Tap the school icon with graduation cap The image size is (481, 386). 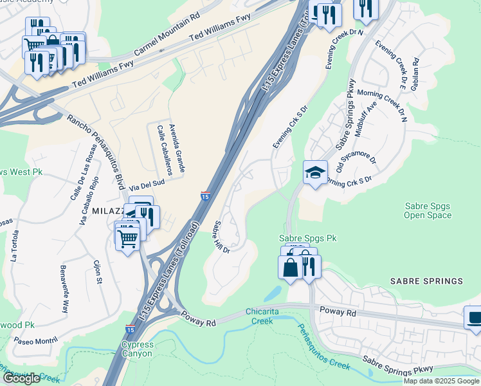tap(315, 172)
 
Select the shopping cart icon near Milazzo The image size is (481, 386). tap(127, 237)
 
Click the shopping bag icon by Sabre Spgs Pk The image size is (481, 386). tap(291, 267)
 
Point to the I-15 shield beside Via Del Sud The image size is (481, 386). tap(204, 195)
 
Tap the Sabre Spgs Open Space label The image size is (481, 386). tap(427, 210)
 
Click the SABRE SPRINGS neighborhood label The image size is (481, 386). tap(426, 281)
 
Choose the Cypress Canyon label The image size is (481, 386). tap(137, 349)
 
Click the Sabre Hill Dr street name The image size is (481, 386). tap(221, 237)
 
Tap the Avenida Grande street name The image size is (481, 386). tap(177, 147)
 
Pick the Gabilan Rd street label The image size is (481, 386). tap(415, 73)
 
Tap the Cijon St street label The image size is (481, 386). tap(98, 271)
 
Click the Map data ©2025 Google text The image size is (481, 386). tap(440, 381)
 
